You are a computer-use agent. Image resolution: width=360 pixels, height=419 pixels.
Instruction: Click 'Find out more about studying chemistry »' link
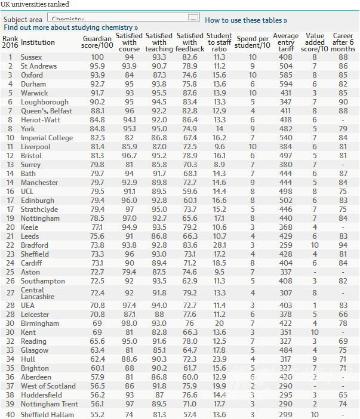(70, 27)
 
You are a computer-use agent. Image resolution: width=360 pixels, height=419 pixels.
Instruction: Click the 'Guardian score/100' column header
(97, 42)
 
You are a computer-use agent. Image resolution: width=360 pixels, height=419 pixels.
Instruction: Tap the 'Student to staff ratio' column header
(220, 42)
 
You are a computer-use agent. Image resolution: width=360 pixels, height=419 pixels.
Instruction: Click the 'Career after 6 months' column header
(342, 42)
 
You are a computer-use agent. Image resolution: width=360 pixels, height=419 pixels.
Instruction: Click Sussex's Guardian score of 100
(97, 57)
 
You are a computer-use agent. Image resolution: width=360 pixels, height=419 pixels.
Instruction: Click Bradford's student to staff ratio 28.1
(220, 245)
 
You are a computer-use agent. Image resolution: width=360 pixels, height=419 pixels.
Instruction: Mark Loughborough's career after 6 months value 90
(342, 102)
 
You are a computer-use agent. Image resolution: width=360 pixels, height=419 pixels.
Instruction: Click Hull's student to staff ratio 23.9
(220, 343)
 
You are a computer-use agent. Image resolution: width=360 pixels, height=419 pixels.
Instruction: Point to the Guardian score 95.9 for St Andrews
(97, 66)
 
